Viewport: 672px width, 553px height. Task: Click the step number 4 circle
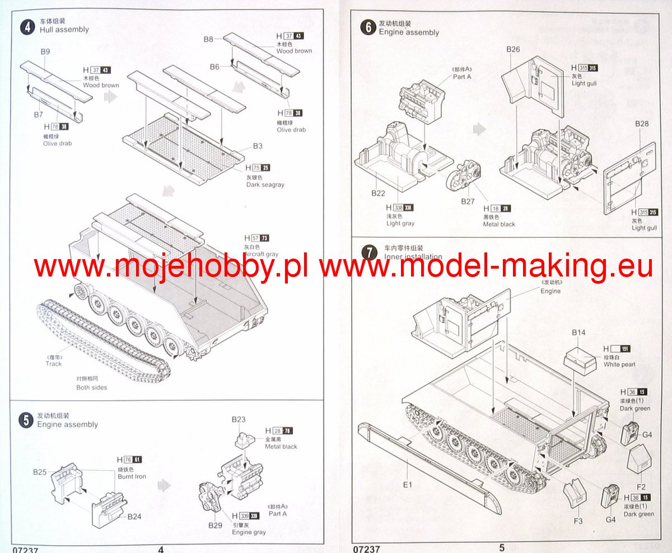click(x=27, y=26)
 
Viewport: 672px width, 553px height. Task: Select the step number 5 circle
click(x=26, y=420)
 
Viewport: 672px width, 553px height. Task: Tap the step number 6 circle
click(x=368, y=27)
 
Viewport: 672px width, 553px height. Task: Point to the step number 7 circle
click(x=368, y=252)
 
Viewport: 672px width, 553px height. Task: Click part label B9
click(x=46, y=52)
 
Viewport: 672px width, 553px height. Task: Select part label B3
click(x=258, y=146)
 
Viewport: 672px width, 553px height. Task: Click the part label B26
click(x=513, y=49)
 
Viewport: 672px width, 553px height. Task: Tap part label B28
click(x=642, y=124)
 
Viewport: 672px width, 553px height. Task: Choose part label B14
click(x=578, y=333)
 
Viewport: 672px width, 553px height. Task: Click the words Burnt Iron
click(x=132, y=476)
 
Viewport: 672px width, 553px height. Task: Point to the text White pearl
click(x=619, y=365)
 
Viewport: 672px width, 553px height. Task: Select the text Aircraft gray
click(x=262, y=254)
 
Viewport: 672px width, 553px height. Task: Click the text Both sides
click(x=92, y=387)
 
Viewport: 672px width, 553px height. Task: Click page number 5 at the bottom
click(x=502, y=547)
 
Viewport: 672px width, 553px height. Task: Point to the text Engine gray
click(x=249, y=532)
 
